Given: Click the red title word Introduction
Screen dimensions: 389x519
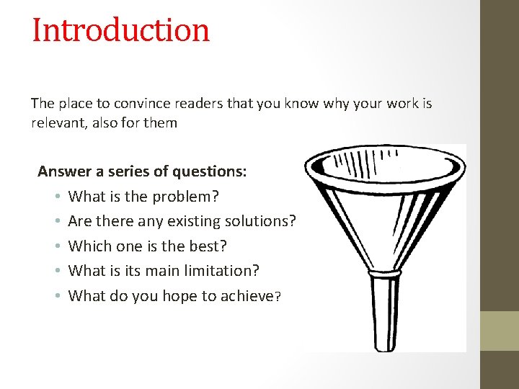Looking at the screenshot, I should (120, 30).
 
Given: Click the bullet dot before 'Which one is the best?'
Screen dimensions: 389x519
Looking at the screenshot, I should (56, 246).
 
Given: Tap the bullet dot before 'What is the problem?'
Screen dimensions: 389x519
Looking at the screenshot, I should (56, 197).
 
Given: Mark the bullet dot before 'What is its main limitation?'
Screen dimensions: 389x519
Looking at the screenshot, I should (56, 271).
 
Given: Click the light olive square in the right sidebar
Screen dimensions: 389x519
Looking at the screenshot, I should (500, 331).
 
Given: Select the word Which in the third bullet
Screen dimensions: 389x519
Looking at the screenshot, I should (88, 246).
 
